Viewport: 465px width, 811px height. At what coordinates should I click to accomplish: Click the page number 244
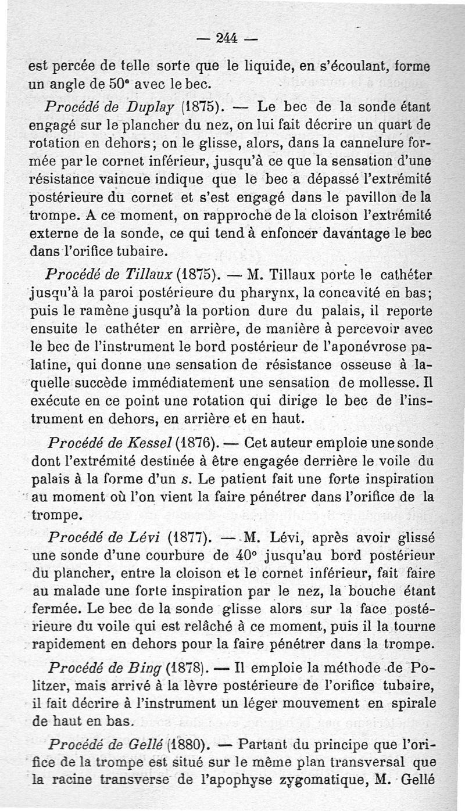pos(228,38)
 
